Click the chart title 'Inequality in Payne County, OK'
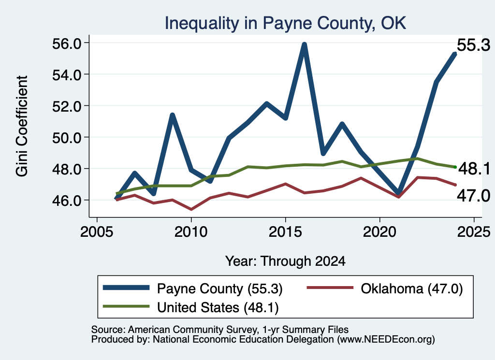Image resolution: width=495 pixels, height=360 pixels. tap(285, 23)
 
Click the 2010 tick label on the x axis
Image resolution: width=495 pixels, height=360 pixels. tap(190, 232)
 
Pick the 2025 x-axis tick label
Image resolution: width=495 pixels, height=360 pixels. tap(474, 232)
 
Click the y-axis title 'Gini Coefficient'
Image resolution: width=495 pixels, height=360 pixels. tap(22, 126)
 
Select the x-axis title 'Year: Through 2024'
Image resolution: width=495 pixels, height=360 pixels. tap(285, 261)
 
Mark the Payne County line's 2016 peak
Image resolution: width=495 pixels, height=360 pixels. tap(305, 44)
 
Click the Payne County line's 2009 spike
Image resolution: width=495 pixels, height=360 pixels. tap(173, 115)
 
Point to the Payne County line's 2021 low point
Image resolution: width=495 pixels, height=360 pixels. tap(398, 193)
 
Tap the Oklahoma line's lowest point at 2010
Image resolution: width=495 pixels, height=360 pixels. tap(191, 209)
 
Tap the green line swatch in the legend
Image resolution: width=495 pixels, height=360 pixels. tap(126, 306)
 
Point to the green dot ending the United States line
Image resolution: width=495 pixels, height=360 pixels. tap(455, 167)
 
